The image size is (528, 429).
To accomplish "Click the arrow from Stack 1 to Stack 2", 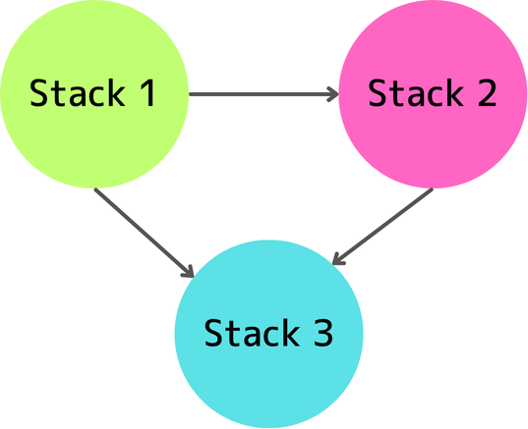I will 261,95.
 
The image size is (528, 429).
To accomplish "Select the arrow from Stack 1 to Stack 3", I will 143,231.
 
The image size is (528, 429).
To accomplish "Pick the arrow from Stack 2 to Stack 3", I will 383,226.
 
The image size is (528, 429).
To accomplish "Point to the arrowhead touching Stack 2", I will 331,95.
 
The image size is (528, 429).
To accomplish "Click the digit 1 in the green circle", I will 171,94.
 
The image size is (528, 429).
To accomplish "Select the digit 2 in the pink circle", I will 484,93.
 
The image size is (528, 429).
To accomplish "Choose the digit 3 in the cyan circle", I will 322,334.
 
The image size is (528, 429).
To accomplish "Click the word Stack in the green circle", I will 83,94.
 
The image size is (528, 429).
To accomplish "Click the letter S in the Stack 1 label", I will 40,94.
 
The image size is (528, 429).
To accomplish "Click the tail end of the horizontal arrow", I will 192,95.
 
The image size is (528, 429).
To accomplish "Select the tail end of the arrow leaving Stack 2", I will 430,191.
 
